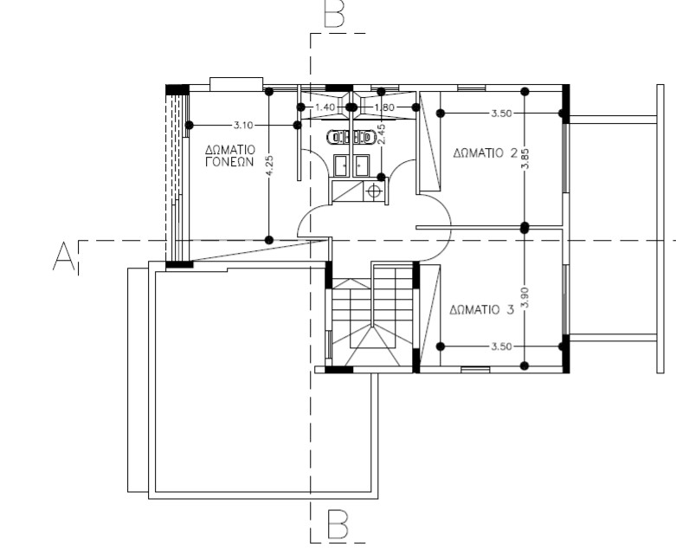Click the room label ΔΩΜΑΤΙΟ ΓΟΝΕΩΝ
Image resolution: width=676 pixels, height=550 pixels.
coord(230,156)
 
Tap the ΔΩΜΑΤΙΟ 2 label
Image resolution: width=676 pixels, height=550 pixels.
coord(485,153)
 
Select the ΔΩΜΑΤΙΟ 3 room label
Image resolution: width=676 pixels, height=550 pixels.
coord(481,310)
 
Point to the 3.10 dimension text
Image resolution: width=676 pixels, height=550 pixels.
coord(242,125)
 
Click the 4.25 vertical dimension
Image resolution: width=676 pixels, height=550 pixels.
coord(269,165)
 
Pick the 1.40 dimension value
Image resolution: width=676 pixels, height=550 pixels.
coord(325,107)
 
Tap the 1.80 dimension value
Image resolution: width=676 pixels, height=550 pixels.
coord(384,107)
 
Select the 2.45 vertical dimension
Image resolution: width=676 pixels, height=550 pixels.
coord(381,133)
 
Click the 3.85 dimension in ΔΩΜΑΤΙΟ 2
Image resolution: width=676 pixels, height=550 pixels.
coord(525,159)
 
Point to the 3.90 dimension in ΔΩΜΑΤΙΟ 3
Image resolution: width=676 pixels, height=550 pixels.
coord(525,298)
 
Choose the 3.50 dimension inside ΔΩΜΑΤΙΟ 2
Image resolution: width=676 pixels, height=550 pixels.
coord(501,113)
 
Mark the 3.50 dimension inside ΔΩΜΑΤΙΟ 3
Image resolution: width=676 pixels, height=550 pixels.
coord(501,346)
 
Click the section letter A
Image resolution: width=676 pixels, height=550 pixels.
coord(63,256)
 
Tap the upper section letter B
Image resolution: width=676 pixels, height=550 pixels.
coord(335,13)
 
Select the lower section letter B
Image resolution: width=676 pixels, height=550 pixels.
coord(338,524)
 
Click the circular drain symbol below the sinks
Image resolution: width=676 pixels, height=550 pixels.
coord(374,191)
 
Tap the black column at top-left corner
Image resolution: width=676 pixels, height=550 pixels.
coord(177,89)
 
